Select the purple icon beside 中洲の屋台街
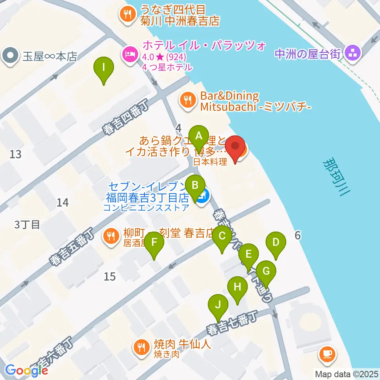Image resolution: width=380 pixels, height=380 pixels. click(x=351, y=52)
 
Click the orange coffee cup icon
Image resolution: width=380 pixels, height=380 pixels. click(x=327, y=353)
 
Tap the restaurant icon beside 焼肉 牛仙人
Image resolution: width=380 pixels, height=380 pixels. click(x=141, y=348)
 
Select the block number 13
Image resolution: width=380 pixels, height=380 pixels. click(x=15, y=154)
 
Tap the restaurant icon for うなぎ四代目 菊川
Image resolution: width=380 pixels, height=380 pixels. click(x=127, y=15)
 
